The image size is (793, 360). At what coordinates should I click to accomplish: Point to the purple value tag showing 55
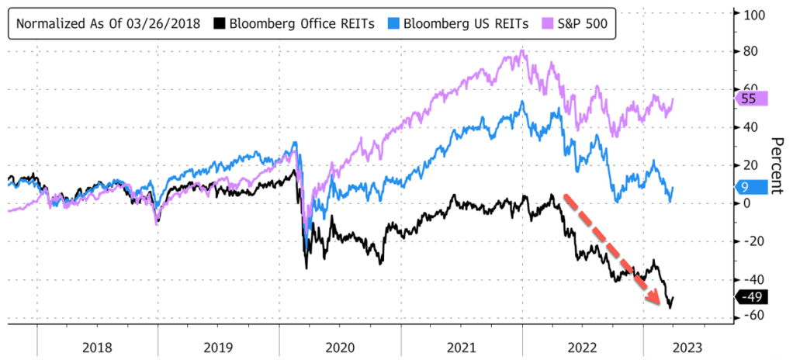coord(749,99)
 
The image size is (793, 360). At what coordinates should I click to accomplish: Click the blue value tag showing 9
coord(750,187)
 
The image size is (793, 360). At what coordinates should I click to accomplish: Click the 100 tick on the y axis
coord(755,15)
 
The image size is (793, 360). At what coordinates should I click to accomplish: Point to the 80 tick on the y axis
coord(752,53)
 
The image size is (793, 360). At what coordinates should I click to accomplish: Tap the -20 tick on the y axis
coord(752,241)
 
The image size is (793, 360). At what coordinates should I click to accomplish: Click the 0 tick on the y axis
coord(748,203)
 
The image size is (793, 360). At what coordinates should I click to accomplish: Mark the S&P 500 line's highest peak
coord(523,51)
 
